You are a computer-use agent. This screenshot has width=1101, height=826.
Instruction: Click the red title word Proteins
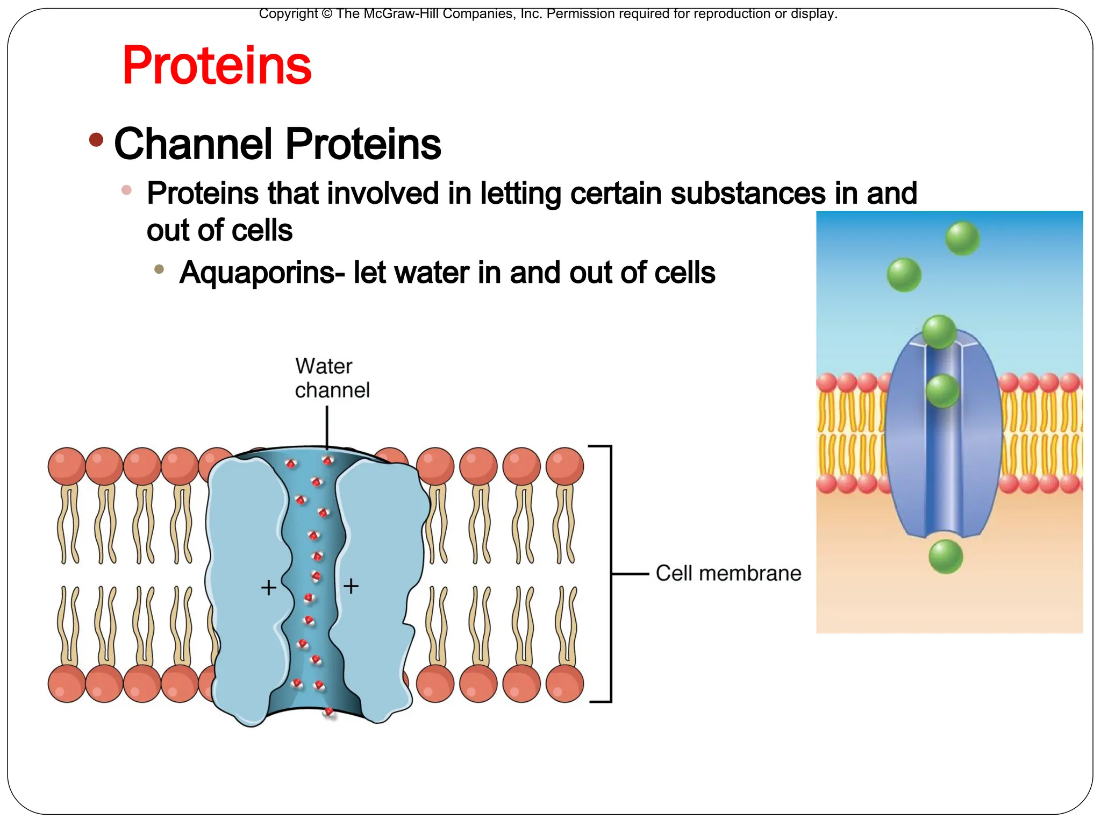tap(217, 66)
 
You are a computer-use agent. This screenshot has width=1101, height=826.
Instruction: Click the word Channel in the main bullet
tap(193, 144)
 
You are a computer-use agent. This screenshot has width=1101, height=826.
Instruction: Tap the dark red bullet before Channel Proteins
tap(96, 140)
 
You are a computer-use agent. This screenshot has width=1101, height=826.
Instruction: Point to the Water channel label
tap(332, 378)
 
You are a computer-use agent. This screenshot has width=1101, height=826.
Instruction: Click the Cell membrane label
tap(728, 573)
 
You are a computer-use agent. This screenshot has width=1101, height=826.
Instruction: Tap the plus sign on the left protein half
tap(268, 587)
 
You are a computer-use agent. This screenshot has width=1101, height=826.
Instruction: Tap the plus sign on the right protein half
tap(351, 586)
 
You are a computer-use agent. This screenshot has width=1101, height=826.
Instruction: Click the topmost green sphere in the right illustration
tap(962, 238)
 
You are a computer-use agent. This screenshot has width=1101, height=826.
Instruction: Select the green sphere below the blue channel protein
tap(946, 557)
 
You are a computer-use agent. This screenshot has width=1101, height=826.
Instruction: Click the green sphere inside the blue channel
tap(942, 390)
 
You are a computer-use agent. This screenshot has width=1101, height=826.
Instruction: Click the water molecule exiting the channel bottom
tap(328, 713)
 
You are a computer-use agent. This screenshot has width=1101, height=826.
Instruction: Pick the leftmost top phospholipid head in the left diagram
tap(67, 466)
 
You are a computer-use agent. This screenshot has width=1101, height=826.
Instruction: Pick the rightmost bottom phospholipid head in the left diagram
tap(564, 683)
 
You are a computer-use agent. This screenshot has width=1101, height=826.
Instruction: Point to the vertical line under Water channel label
tap(327, 427)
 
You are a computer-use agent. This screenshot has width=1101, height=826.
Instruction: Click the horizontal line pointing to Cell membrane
tap(630, 574)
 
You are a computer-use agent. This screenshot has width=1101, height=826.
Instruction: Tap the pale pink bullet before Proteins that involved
tap(127, 190)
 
